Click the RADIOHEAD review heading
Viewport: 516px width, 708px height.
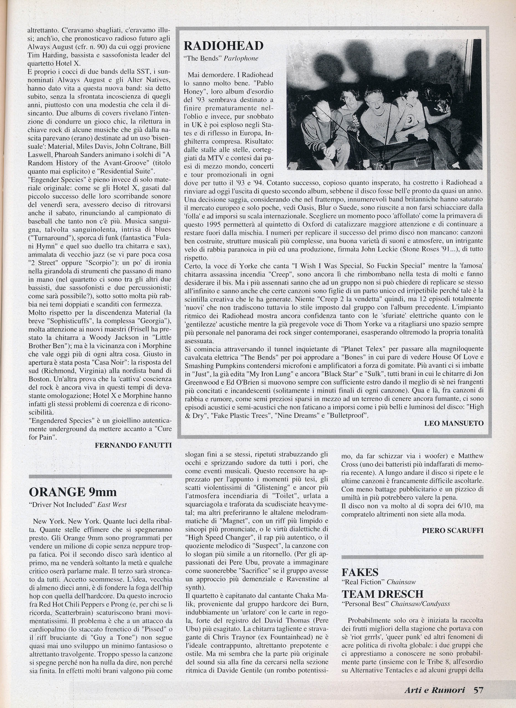click(223, 46)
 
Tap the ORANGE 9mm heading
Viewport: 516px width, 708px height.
click(72, 492)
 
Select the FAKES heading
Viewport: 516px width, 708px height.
click(360, 572)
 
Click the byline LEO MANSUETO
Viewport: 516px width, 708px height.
click(454, 423)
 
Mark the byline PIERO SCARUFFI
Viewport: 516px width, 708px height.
click(453, 530)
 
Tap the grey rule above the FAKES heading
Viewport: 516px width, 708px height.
click(412, 557)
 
